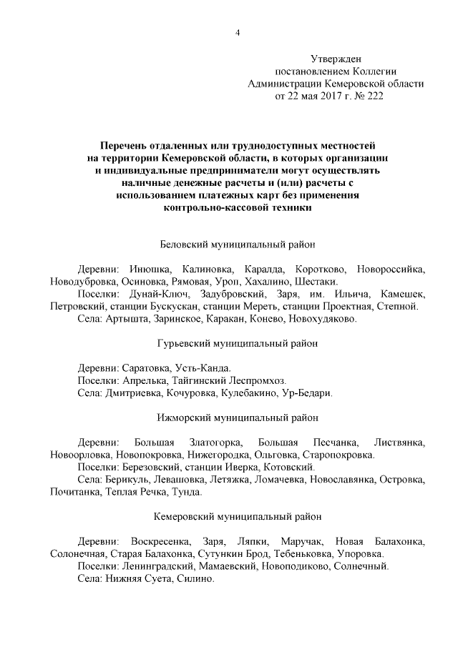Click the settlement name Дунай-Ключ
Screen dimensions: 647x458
pos(155,295)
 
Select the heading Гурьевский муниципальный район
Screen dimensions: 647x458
pos(237,343)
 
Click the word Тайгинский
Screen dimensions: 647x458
pos(198,380)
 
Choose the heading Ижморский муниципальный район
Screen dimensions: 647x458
pos(237,418)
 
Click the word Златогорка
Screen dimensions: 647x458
pos(215,443)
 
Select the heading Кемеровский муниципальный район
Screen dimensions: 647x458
pos(237,516)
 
